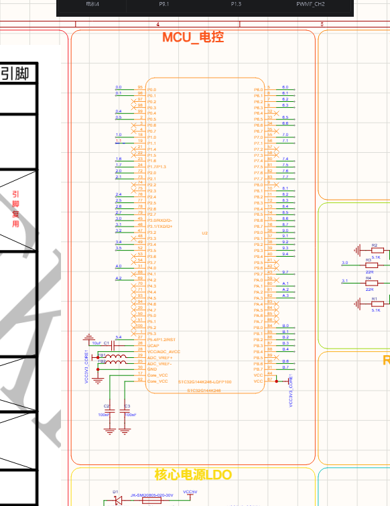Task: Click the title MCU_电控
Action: (x=193, y=38)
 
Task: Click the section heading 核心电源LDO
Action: (x=193, y=475)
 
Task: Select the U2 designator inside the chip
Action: (x=205, y=233)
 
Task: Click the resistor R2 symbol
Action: (x=375, y=250)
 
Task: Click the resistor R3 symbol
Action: (x=369, y=264)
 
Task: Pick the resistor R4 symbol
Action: (x=369, y=282)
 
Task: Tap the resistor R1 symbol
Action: (x=375, y=304)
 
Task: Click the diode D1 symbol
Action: (x=117, y=500)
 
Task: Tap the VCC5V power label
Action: (x=190, y=492)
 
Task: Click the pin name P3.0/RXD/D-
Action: (x=159, y=220)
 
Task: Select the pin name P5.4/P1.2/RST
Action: (x=161, y=340)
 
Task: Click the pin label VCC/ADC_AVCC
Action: (x=164, y=352)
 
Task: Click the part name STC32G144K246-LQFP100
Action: (x=204, y=382)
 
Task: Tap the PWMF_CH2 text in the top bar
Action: (x=310, y=4)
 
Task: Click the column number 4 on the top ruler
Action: (x=158, y=25)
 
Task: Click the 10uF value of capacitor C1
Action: (x=96, y=342)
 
